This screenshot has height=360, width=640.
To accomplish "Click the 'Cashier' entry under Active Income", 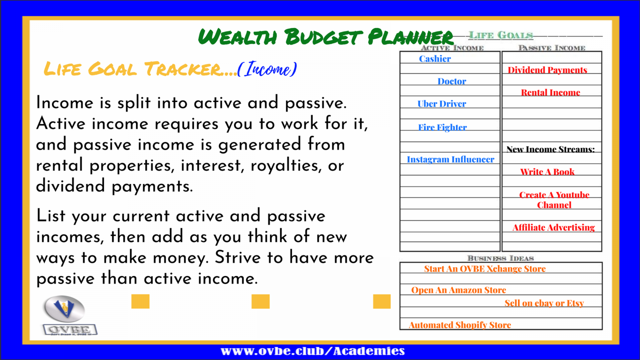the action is pos(435,59).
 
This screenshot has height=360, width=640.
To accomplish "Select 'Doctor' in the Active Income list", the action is pos(452,82).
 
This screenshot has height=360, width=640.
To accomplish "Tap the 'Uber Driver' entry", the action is pos(442,104).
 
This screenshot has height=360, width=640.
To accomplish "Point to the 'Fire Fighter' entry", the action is pos(442,127).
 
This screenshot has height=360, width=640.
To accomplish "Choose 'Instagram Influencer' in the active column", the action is pos(450,160).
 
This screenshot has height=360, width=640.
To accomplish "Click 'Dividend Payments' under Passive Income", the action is pos(547,70).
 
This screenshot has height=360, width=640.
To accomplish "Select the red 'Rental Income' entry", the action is pos(550,92).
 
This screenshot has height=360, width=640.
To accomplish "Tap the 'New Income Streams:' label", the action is pos(550,150).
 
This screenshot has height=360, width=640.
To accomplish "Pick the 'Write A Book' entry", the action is pos(547,172).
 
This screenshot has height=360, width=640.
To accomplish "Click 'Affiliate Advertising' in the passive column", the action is pos(554,228).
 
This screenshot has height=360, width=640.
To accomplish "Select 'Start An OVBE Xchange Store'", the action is pos(484,269).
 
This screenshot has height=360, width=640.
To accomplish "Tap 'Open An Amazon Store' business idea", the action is pos(458,290).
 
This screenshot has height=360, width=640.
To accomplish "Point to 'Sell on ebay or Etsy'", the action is pos(544,303).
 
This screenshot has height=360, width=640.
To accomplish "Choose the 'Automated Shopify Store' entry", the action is pos(460,325).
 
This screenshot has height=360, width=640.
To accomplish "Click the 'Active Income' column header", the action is pos(452,48).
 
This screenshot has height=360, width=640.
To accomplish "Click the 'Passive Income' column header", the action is pos(552,48).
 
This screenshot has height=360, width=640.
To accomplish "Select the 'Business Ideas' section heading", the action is pos(500,258).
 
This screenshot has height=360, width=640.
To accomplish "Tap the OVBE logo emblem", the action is pos(64,308).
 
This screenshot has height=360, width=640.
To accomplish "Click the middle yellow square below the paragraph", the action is pos(260,302).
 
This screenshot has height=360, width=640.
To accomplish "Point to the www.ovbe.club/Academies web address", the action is pos(312,351).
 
